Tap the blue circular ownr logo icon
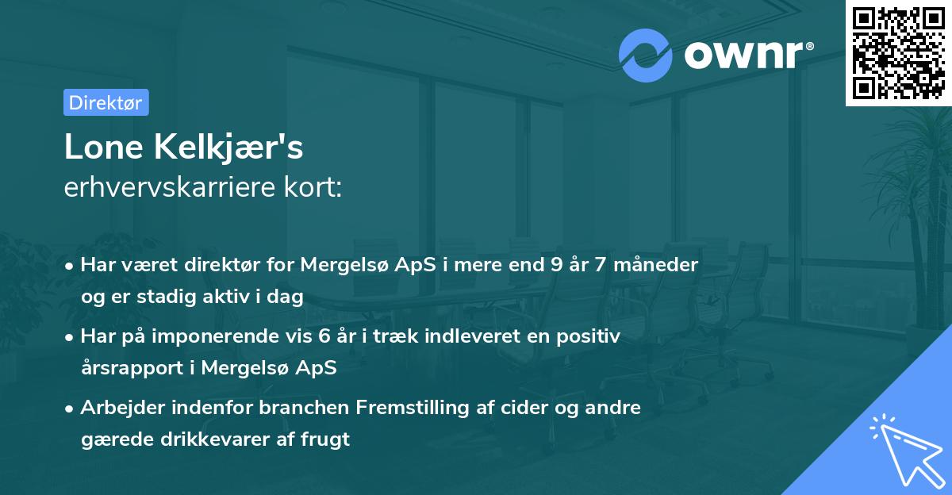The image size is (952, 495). click(x=644, y=56)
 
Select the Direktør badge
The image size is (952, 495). click(x=106, y=102)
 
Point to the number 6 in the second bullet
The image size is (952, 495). click(x=324, y=336)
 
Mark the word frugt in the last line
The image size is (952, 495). click(x=324, y=439)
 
